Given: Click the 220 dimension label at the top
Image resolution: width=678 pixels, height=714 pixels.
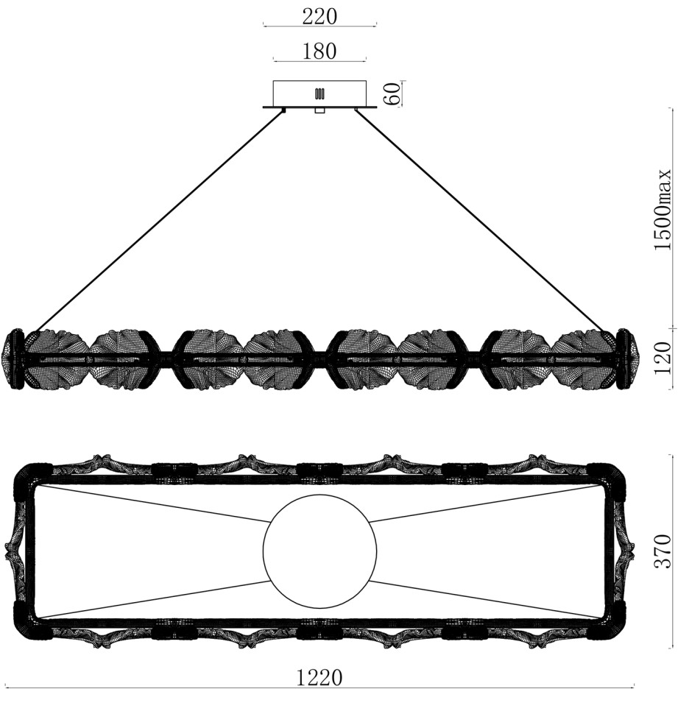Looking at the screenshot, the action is pyautogui.click(x=319, y=17).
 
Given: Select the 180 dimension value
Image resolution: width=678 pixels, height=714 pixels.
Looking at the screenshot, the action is pyautogui.click(x=319, y=51).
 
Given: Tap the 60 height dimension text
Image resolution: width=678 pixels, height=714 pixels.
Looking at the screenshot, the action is pyautogui.click(x=392, y=93).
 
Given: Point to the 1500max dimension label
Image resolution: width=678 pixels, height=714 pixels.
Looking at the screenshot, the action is pyautogui.click(x=663, y=210).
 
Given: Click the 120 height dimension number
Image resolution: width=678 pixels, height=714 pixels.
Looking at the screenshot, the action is pyautogui.click(x=663, y=358).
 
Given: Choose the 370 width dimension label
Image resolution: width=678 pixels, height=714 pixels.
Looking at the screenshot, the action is pyautogui.click(x=663, y=551).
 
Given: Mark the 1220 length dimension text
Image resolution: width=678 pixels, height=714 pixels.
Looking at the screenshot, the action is pyautogui.click(x=319, y=678).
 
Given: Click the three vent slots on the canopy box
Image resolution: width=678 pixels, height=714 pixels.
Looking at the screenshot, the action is pyautogui.click(x=319, y=93).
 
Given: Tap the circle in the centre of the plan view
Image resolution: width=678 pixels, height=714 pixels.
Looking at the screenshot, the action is pyautogui.click(x=320, y=551).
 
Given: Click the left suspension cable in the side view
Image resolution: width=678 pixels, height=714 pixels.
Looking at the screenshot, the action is pyautogui.click(x=158, y=220).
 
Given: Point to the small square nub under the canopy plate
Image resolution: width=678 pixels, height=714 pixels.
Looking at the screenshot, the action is pyautogui.click(x=320, y=111).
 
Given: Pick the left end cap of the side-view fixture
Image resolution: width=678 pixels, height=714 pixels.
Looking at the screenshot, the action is pyautogui.click(x=14, y=358).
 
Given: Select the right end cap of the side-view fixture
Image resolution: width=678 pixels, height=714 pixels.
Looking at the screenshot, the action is pyautogui.click(x=626, y=358).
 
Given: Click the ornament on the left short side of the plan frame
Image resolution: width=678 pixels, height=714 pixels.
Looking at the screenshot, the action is pyautogui.click(x=19, y=551).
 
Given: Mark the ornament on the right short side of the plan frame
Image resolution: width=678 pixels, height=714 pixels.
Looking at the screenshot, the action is pyautogui.click(x=622, y=551).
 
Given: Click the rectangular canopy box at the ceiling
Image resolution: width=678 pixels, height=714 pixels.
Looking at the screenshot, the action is pyautogui.click(x=319, y=93).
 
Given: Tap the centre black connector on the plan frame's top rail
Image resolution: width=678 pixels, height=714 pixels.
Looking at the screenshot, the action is pyautogui.click(x=319, y=470).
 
